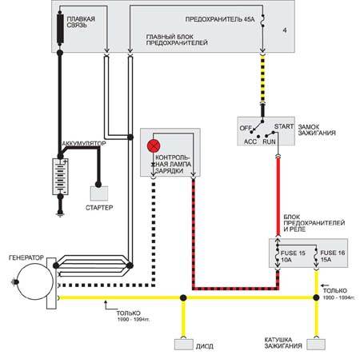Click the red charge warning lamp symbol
(154, 146)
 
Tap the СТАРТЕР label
(99, 207)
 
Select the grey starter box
(99, 193)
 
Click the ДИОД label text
(205, 346)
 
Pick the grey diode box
(184, 345)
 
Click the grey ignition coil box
(316, 345)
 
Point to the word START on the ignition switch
(284, 126)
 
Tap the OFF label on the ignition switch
(246, 128)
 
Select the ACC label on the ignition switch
(250, 142)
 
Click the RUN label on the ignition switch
(269, 142)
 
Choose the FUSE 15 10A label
(293, 256)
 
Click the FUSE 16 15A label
(332, 256)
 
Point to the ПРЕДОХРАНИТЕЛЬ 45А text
(220, 19)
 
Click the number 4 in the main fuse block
(285, 30)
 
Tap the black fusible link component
(60, 30)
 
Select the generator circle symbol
(35, 281)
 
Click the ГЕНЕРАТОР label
(26, 257)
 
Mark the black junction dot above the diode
(183, 297)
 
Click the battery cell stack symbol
(60, 177)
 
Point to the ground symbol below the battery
(60, 213)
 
